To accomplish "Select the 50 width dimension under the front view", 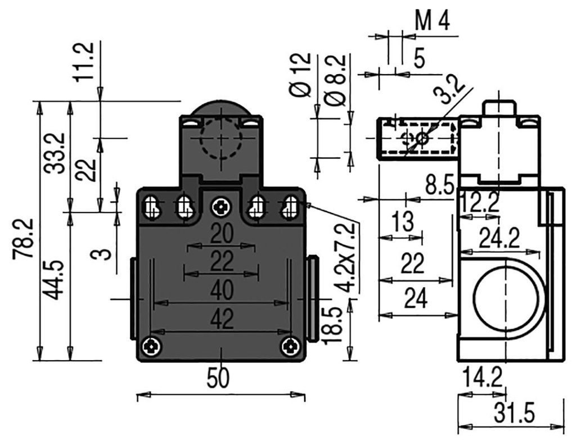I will click(x=218, y=379).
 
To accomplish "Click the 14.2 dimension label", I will click(x=481, y=377).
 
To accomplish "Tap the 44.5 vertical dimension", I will click(x=55, y=288).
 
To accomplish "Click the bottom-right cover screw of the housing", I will click(x=291, y=346).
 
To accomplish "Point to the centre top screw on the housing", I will click(x=220, y=208).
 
